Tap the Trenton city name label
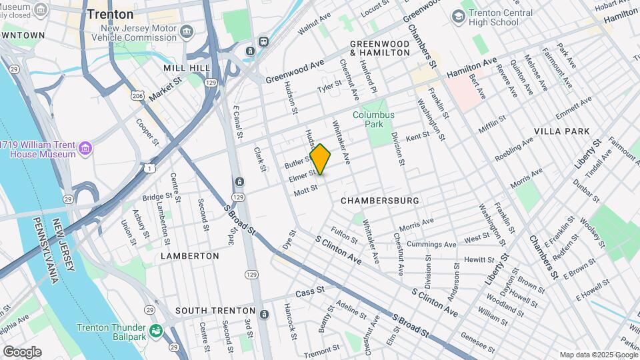(110, 14)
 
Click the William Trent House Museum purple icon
(85, 148)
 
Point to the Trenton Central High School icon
(459, 15)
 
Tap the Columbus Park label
(373, 119)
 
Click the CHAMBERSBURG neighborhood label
(379, 200)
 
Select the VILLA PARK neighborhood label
(567, 131)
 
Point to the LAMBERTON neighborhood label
(189, 255)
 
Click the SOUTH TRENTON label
(215, 311)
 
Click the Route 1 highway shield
(152, 167)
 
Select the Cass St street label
(309, 291)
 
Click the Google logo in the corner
(22, 352)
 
